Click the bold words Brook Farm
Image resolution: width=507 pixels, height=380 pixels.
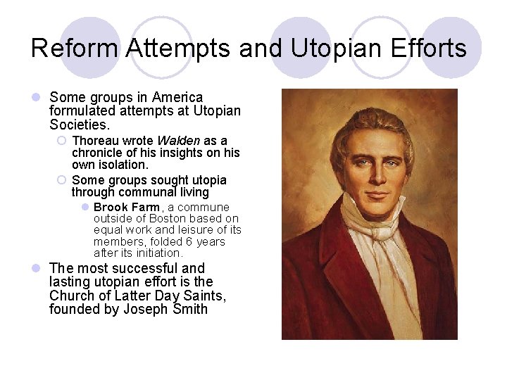(126, 207)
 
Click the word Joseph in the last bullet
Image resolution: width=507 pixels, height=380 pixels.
(149, 308)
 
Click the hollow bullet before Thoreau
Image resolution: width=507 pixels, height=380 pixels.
(61, 141)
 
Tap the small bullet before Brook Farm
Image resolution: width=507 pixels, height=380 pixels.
(84, 207)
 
